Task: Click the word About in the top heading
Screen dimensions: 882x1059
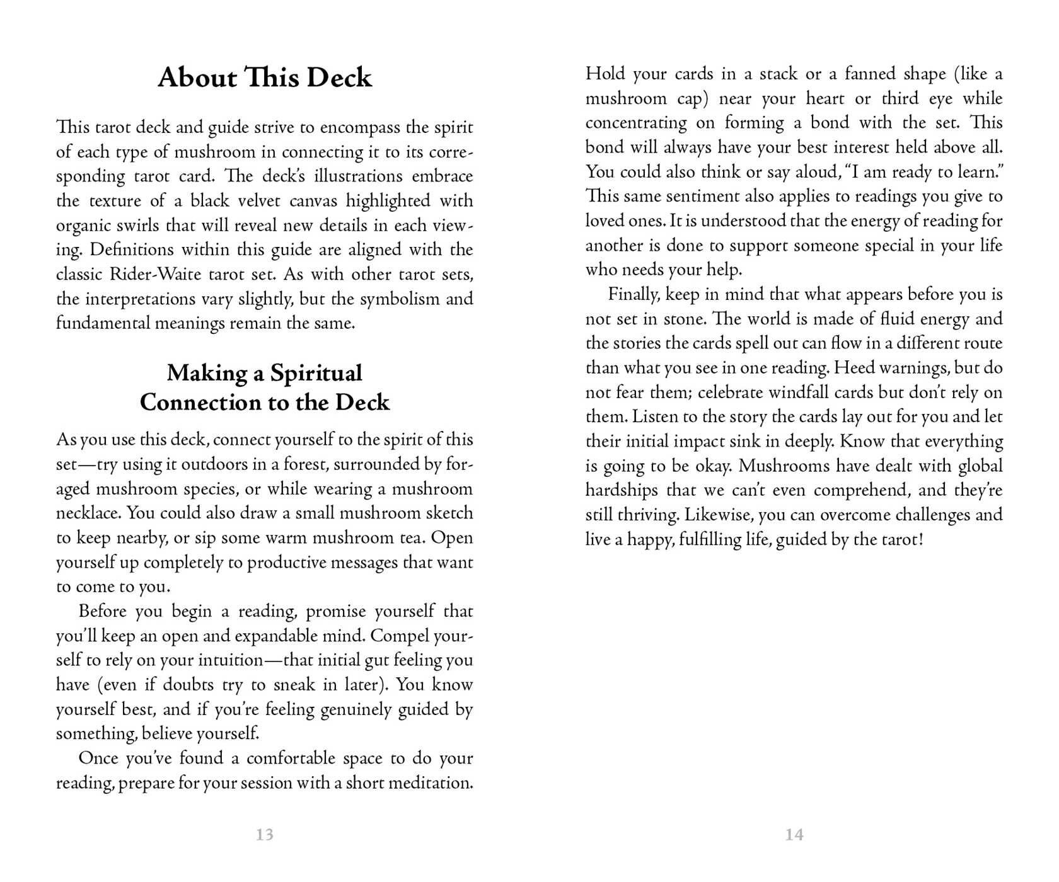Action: (197, 77)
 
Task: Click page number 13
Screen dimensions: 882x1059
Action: (265, 835)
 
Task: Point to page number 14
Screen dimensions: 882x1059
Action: (794, 835)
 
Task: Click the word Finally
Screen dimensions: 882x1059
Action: (634, 295)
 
